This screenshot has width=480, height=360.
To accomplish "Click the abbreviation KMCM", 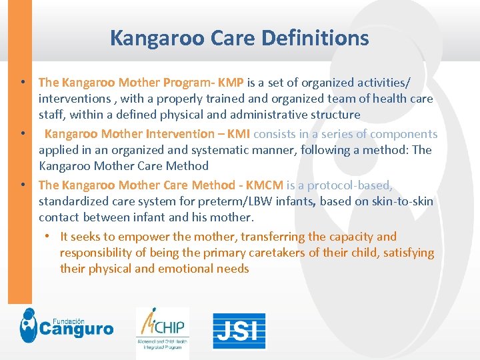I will (265, 185).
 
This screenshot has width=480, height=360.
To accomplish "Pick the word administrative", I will (263, 115).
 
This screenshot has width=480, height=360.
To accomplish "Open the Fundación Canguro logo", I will (66, 326).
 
